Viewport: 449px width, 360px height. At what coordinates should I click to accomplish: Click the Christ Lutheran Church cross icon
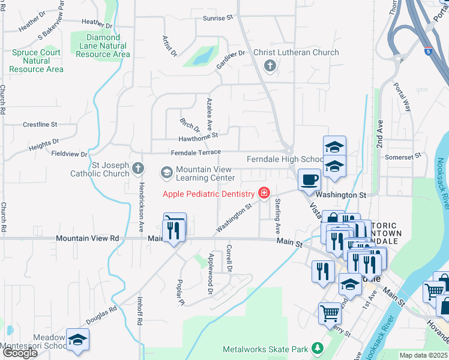coord(270,65)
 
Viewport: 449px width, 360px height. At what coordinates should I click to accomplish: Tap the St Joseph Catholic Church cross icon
coord(138,167)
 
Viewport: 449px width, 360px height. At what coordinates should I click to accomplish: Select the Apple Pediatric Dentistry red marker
coord(263,193)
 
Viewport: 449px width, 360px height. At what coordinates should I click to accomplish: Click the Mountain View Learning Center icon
coord(166,173)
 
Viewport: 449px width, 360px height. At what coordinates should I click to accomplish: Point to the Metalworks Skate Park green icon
coord(318,348)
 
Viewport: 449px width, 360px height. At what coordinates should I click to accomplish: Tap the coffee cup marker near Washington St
coord(309,179)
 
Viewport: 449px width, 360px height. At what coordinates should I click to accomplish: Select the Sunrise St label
coord(217,19)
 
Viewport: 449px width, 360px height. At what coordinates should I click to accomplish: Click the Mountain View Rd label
coord(88,238)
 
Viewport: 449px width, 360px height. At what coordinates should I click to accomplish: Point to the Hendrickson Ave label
coord(142,199)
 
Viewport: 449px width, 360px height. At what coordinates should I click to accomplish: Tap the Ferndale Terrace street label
coord(196,153)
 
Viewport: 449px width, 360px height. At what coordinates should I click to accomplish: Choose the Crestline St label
coord(40,125)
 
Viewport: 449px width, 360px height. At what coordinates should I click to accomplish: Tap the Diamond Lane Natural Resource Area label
coord(100,46)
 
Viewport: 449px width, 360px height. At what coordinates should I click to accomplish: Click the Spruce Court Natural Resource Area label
coord(36,61)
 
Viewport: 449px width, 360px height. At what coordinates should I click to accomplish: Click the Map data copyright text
coord(424,355)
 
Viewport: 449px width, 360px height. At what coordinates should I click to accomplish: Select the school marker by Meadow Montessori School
coord(77,340)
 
